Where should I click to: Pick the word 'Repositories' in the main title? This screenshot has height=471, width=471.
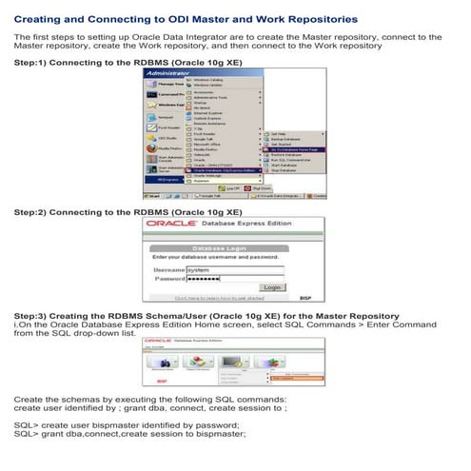(319, 18)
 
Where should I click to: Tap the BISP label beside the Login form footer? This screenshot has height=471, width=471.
(305, 298)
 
